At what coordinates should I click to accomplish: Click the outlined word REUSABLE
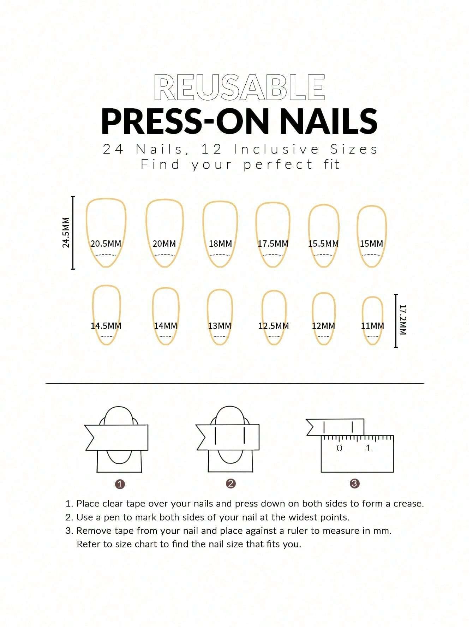click(240, 87)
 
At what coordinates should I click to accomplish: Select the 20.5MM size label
click(106, 244)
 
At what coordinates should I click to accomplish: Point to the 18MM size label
click(220, 244)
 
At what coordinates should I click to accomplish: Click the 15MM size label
click(371, 244)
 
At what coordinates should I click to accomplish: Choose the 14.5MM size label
click(106, 326)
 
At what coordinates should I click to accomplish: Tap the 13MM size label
click(220, 326)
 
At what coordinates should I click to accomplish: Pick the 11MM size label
click(372, 326)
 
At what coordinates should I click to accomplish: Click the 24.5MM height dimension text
click(66, 232)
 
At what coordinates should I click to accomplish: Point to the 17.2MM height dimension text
click(403, 320)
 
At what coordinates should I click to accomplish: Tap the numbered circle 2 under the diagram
click(231, 484)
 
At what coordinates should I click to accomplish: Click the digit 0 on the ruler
click(340, 448)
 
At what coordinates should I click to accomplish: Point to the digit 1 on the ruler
click(368, 448)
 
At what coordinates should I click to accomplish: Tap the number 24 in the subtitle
click(113, 150)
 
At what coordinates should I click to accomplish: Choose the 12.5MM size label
click(274, 326)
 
